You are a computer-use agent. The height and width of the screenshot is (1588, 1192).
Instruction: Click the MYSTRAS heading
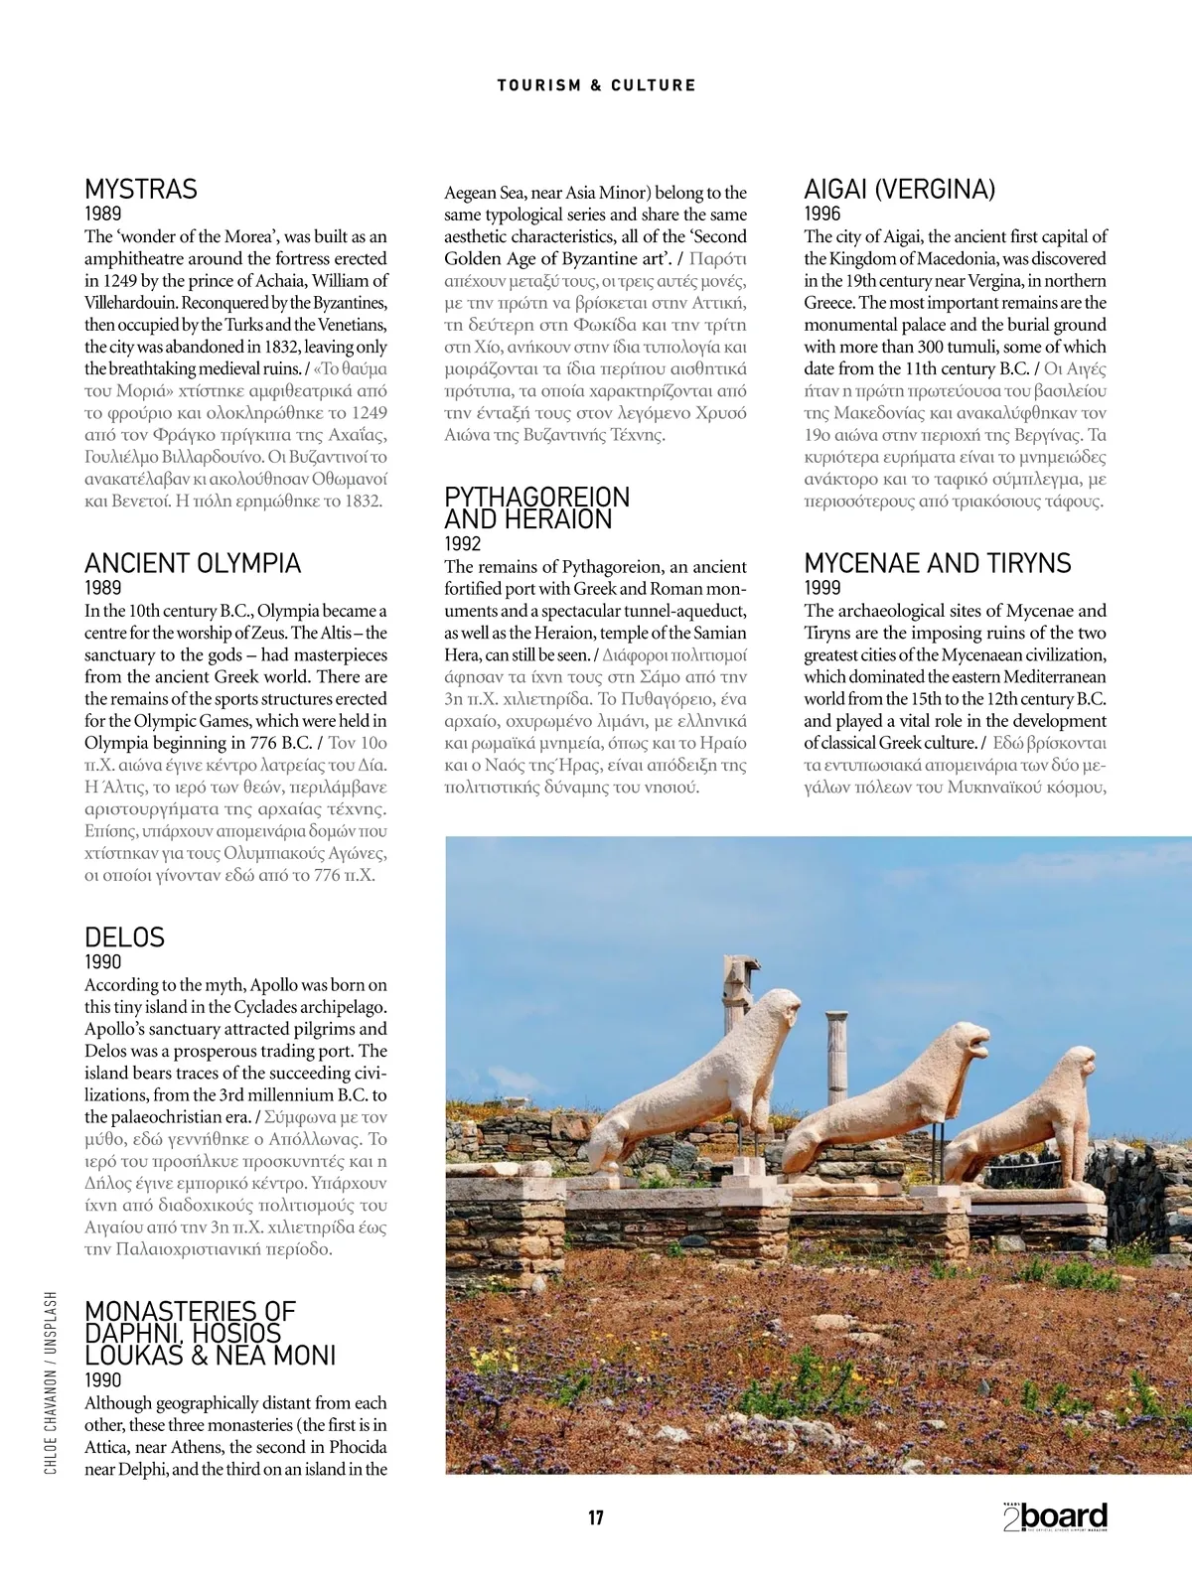pos(141,190)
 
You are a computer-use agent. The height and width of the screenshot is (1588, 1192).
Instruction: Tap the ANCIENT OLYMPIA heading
pos(193,564)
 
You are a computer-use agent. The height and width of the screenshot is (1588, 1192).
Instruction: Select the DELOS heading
pos(124,938)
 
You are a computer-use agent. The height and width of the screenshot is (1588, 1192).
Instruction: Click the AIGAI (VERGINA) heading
pos(899,190)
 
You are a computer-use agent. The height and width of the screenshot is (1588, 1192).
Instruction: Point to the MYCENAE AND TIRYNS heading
pos(937,564)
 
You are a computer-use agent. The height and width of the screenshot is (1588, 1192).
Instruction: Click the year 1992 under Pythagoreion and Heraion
pos(462,544)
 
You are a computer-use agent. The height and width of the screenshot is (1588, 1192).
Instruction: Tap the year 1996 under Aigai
pos(822,214)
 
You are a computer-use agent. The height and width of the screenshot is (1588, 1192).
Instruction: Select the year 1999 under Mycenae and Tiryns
pos(822,588)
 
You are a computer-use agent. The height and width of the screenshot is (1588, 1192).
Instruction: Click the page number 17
pos(596,1517)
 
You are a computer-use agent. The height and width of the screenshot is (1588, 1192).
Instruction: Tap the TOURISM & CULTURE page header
pos(596,85)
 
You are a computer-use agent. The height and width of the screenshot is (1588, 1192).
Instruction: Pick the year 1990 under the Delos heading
pos(103,962)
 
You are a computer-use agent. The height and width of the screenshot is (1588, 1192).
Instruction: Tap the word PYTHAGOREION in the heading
pos(536,497)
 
